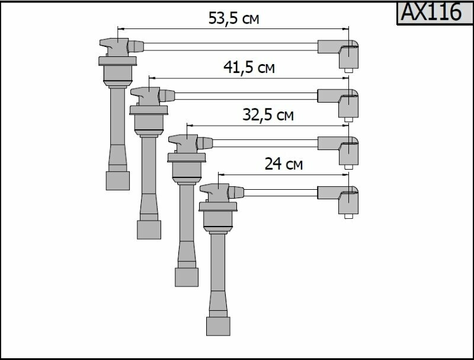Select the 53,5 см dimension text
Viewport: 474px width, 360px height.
233,18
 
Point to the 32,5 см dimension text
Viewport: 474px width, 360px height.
268,115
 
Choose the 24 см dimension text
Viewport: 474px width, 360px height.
283,164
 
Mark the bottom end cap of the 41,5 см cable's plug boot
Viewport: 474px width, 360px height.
149,229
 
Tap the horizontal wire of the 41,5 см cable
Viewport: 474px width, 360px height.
246,94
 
